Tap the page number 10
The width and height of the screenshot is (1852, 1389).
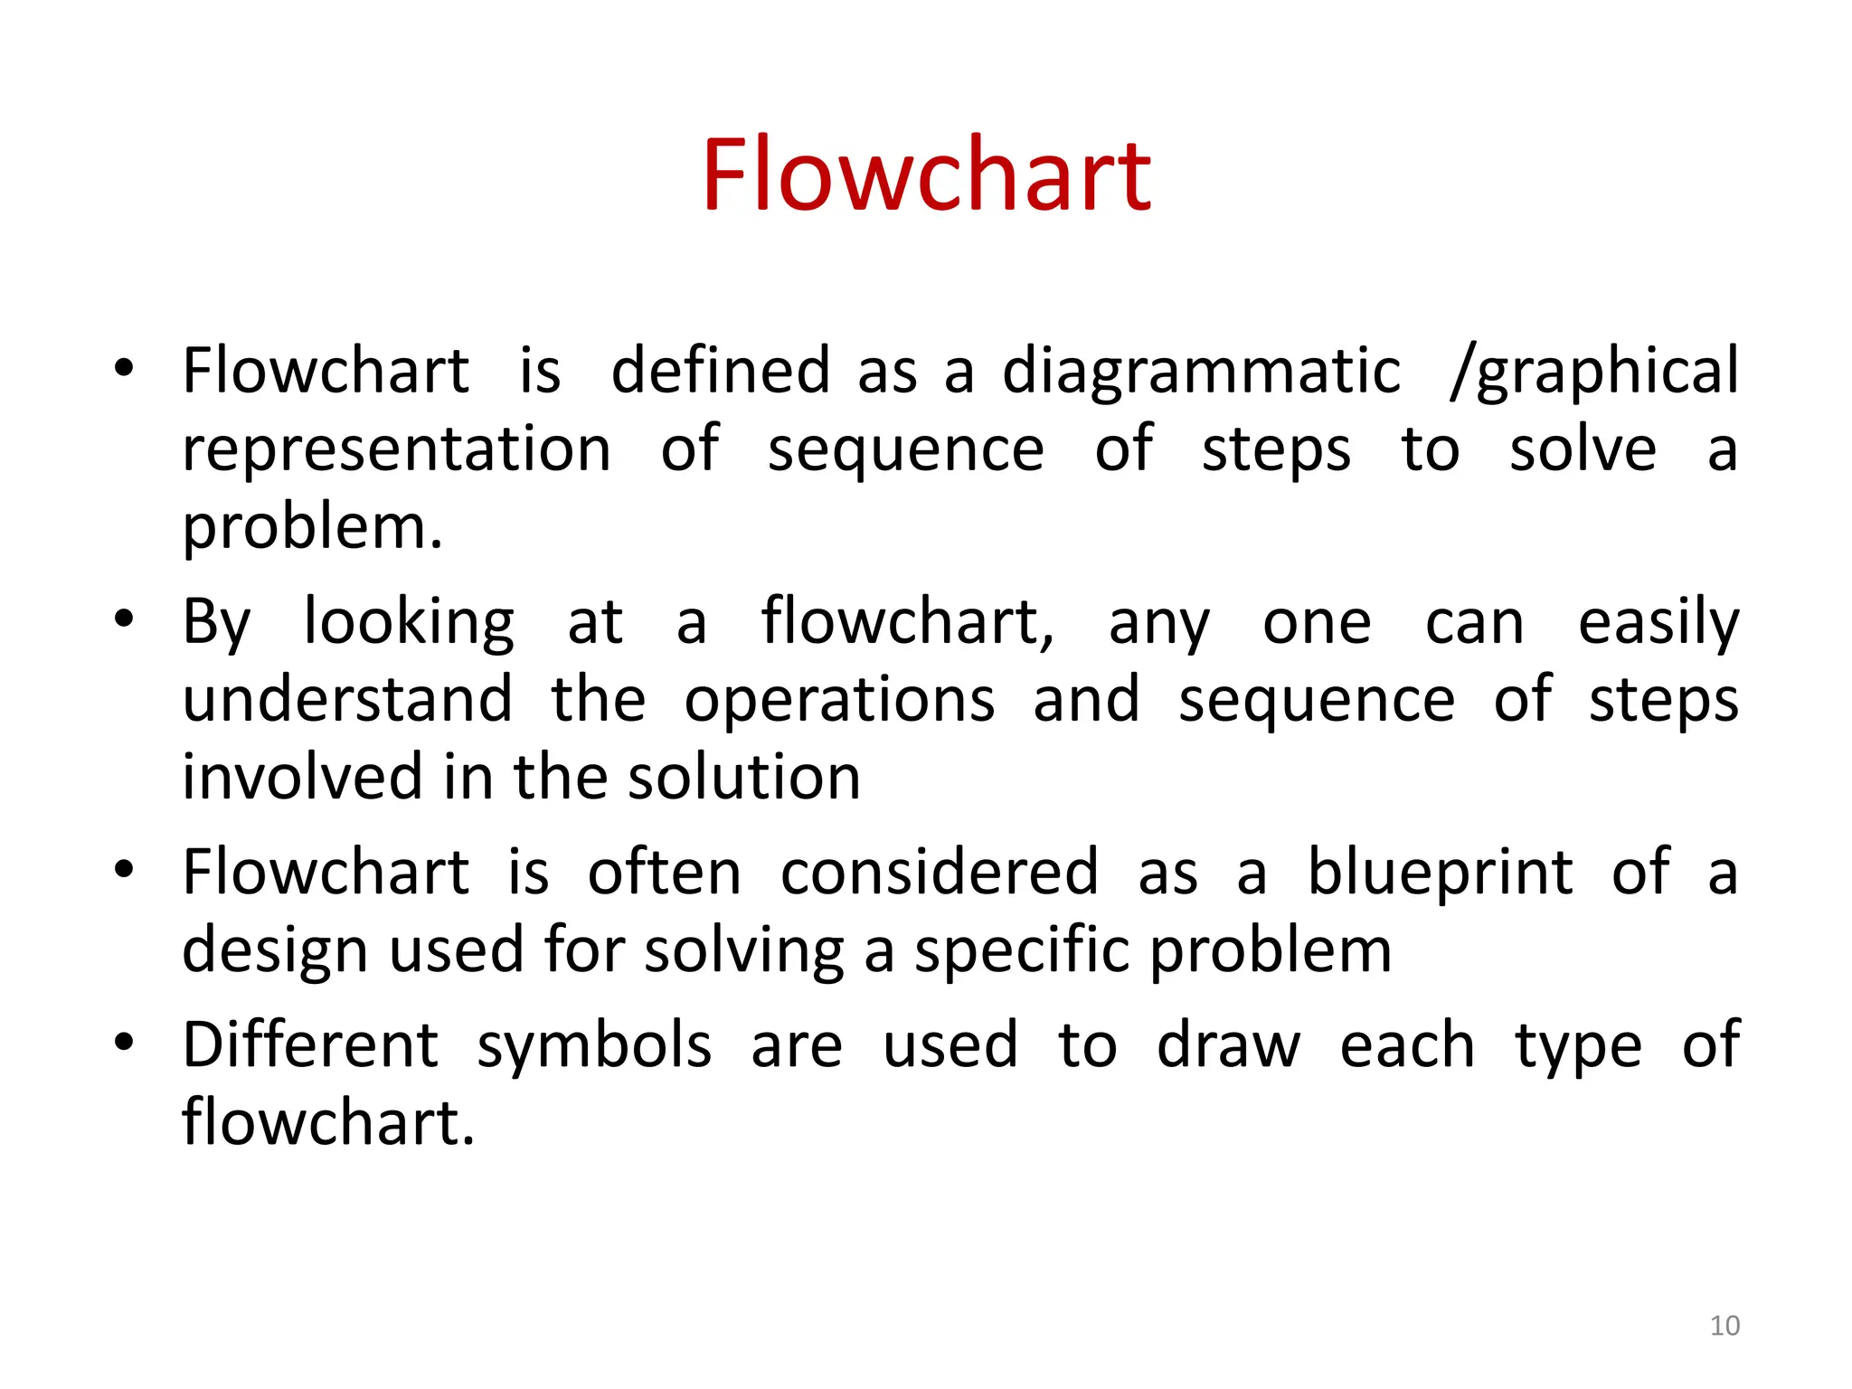tap(1724, 1326)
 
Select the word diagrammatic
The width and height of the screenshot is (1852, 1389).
tap(1201, 373)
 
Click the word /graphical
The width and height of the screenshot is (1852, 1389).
tap(1593, 373)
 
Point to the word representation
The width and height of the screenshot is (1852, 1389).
tap(397, 449)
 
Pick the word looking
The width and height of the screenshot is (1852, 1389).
tap(409, 624)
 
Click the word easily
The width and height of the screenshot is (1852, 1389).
tap(1658, 624)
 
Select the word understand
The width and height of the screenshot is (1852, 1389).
tap(347, 700)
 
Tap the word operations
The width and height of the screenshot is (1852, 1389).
tap(839, 702)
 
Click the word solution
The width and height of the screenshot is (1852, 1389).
tap(743, 778)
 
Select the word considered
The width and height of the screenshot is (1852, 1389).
tap(939, 873)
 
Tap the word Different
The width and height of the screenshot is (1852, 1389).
tap(310, 1045)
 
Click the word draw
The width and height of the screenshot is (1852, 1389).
tap(1228, 1045)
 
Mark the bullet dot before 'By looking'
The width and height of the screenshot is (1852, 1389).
tap(124, 619)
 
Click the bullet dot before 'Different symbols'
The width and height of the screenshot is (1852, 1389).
tap(124, 1042)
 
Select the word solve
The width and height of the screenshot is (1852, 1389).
tap(1583, 449)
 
